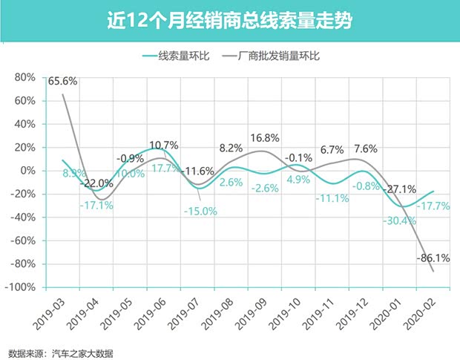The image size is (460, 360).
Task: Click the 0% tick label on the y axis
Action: coord(28,171)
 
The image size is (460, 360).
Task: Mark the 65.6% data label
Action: coord(64,82)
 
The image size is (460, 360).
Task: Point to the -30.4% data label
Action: coord(401,221)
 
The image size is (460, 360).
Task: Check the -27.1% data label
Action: coord(400,189)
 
